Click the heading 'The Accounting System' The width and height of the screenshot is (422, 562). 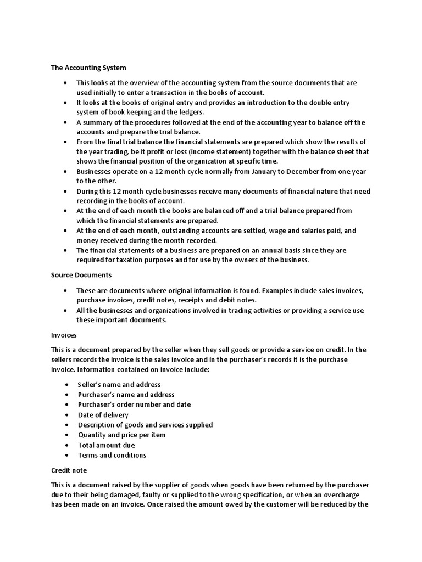88,68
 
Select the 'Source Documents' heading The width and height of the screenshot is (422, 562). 81,274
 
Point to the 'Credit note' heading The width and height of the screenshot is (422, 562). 69,470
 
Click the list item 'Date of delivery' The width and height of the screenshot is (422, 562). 103,415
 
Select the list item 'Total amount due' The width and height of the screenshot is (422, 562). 106,445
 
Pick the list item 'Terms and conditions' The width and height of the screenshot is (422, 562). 112,455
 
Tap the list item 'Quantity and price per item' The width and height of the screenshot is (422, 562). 121,435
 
